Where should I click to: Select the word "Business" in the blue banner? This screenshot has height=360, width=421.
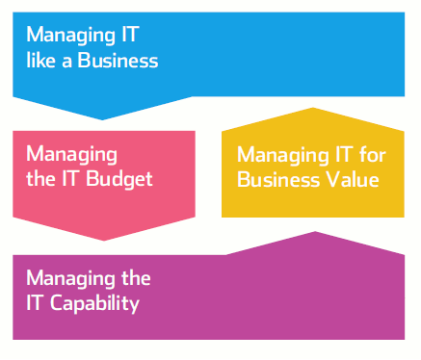pos(121,60)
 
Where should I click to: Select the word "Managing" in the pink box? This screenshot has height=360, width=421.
pos(71,154)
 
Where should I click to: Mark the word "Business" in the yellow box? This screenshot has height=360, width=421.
pos(277,179)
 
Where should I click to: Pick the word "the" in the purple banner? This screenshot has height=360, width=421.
pos(136,279)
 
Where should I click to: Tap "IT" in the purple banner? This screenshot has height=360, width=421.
pos(36,304)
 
